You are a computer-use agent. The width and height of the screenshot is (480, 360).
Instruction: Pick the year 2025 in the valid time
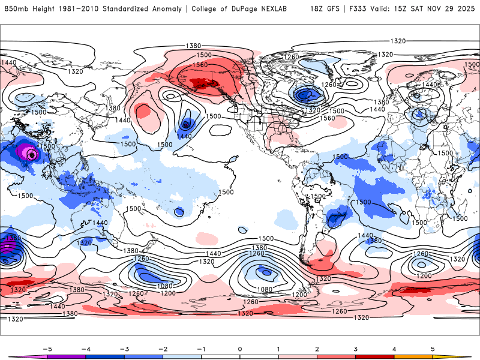point(464,9)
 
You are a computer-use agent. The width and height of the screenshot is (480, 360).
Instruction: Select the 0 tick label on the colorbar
point(240,348)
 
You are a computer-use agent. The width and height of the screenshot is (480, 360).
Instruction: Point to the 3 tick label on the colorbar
point(356,348)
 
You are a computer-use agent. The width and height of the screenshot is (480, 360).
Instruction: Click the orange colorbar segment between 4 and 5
point(413,357)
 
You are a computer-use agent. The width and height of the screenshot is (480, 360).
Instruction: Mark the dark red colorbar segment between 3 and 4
point(375,357)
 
